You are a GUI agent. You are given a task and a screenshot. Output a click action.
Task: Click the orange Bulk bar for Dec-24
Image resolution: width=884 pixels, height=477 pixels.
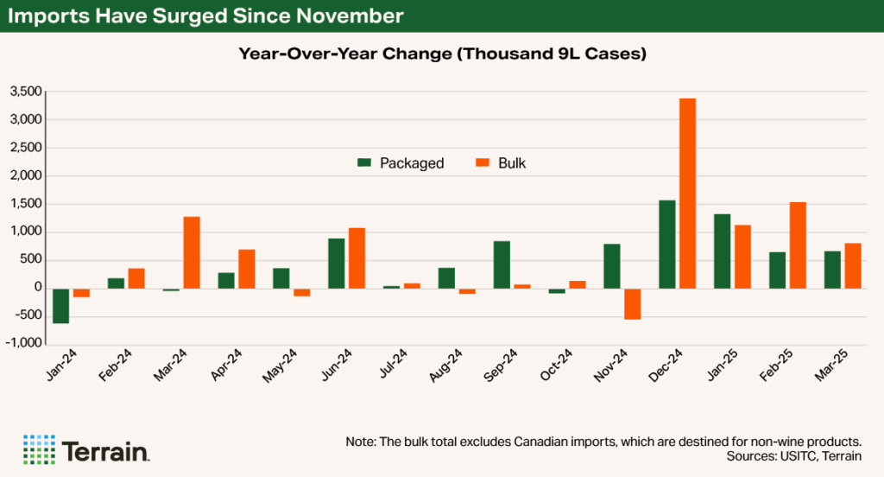[688, 194]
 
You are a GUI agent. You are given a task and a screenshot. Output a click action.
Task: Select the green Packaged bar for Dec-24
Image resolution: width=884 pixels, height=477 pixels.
[667, 245]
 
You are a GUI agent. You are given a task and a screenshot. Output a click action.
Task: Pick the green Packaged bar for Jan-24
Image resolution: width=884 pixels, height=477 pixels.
[60, 306]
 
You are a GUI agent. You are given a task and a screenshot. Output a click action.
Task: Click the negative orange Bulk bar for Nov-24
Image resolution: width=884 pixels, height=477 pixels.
[633, 304]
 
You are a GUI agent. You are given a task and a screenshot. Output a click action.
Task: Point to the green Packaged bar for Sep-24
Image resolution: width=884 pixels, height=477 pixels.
[502, 264]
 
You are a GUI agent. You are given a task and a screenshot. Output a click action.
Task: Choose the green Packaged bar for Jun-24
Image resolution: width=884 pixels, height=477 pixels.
[337, 263]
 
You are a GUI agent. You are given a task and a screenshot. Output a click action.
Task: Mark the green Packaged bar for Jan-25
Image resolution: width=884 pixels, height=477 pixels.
[723, 251]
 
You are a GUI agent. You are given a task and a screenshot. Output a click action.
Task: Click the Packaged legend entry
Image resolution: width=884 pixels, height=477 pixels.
[401, 163]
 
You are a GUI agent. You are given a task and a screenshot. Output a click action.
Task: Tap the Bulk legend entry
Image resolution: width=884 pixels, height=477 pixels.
[501, 163]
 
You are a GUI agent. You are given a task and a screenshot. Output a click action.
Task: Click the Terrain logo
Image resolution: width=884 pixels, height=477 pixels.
[85, 449]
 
